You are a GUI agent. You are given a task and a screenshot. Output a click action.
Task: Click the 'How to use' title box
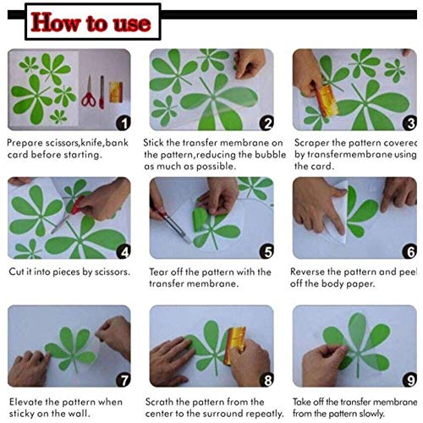coord(91,21)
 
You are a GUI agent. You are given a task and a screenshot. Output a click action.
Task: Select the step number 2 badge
coord(266,123)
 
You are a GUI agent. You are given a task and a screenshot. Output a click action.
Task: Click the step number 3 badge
coord(410,123)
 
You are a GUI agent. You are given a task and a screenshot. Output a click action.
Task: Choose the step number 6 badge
coord(410,250)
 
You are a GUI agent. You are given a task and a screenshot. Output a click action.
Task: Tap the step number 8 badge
coord(266,380)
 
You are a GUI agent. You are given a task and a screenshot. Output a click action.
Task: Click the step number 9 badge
coord(410,380)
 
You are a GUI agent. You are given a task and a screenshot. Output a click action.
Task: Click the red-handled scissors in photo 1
coord(87,93)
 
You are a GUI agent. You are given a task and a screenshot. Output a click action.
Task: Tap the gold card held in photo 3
coord(326,97)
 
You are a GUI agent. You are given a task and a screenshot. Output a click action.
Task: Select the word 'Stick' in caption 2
coord(159,144)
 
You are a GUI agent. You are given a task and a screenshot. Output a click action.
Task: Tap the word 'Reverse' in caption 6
coord(312,272)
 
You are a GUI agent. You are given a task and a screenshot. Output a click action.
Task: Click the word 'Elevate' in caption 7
coord(26,402)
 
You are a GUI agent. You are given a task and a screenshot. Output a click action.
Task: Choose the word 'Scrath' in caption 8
coord(163,402)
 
